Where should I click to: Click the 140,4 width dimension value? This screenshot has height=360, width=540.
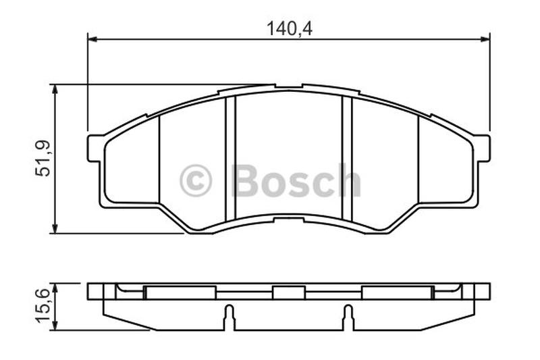click(x=290, y=29)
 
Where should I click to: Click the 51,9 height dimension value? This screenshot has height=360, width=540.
click(x=43, y=159)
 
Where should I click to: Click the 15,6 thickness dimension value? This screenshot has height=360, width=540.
click(x=43, y=306)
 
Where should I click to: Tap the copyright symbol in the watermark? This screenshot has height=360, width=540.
click(x=195, y=180)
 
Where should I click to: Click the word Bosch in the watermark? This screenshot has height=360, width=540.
click(x=296, y=180)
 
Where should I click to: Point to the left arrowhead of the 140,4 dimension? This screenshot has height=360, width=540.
click(x=92, y=39)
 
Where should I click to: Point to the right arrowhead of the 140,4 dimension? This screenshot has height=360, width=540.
click(x=485, y=39)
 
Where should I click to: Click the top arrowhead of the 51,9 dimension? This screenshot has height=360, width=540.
click(x=55, y=89)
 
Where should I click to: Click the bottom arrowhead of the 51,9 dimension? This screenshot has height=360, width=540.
click(x=55, y=228)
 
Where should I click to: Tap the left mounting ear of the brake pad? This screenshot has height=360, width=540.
click(x=94, y=149)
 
